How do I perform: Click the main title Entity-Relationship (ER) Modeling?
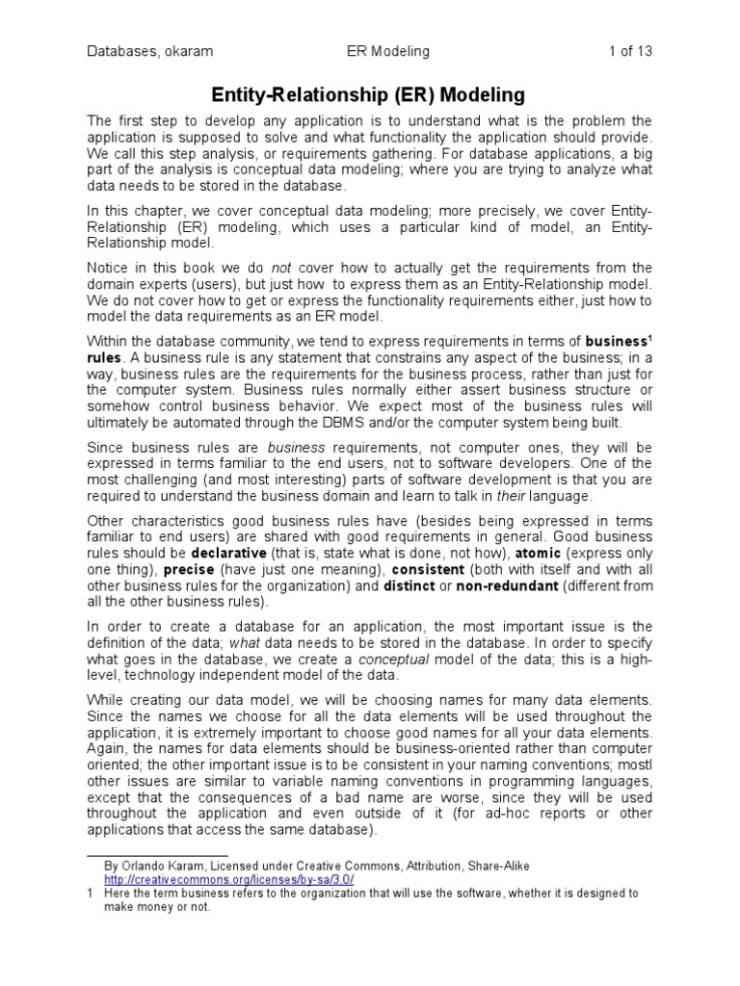(369, 94)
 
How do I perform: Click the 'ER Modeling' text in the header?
(388, 51)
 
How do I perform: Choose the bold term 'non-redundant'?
(507, 586)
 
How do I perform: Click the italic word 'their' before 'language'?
(511, 496)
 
